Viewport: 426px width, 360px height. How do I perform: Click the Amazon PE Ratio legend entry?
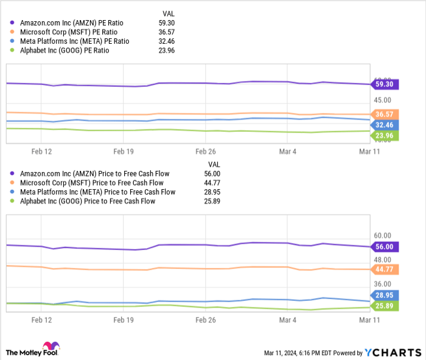pos(68,23)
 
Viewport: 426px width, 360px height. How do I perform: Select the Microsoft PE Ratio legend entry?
pos(69,32)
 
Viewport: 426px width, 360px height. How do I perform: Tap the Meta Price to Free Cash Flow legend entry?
pos(97,192)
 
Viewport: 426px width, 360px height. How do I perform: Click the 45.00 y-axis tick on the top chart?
pos(383,100)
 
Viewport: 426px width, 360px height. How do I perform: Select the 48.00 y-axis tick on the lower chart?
pos(383,259)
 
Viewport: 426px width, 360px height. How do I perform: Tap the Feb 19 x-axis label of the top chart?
pos(123,151)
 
